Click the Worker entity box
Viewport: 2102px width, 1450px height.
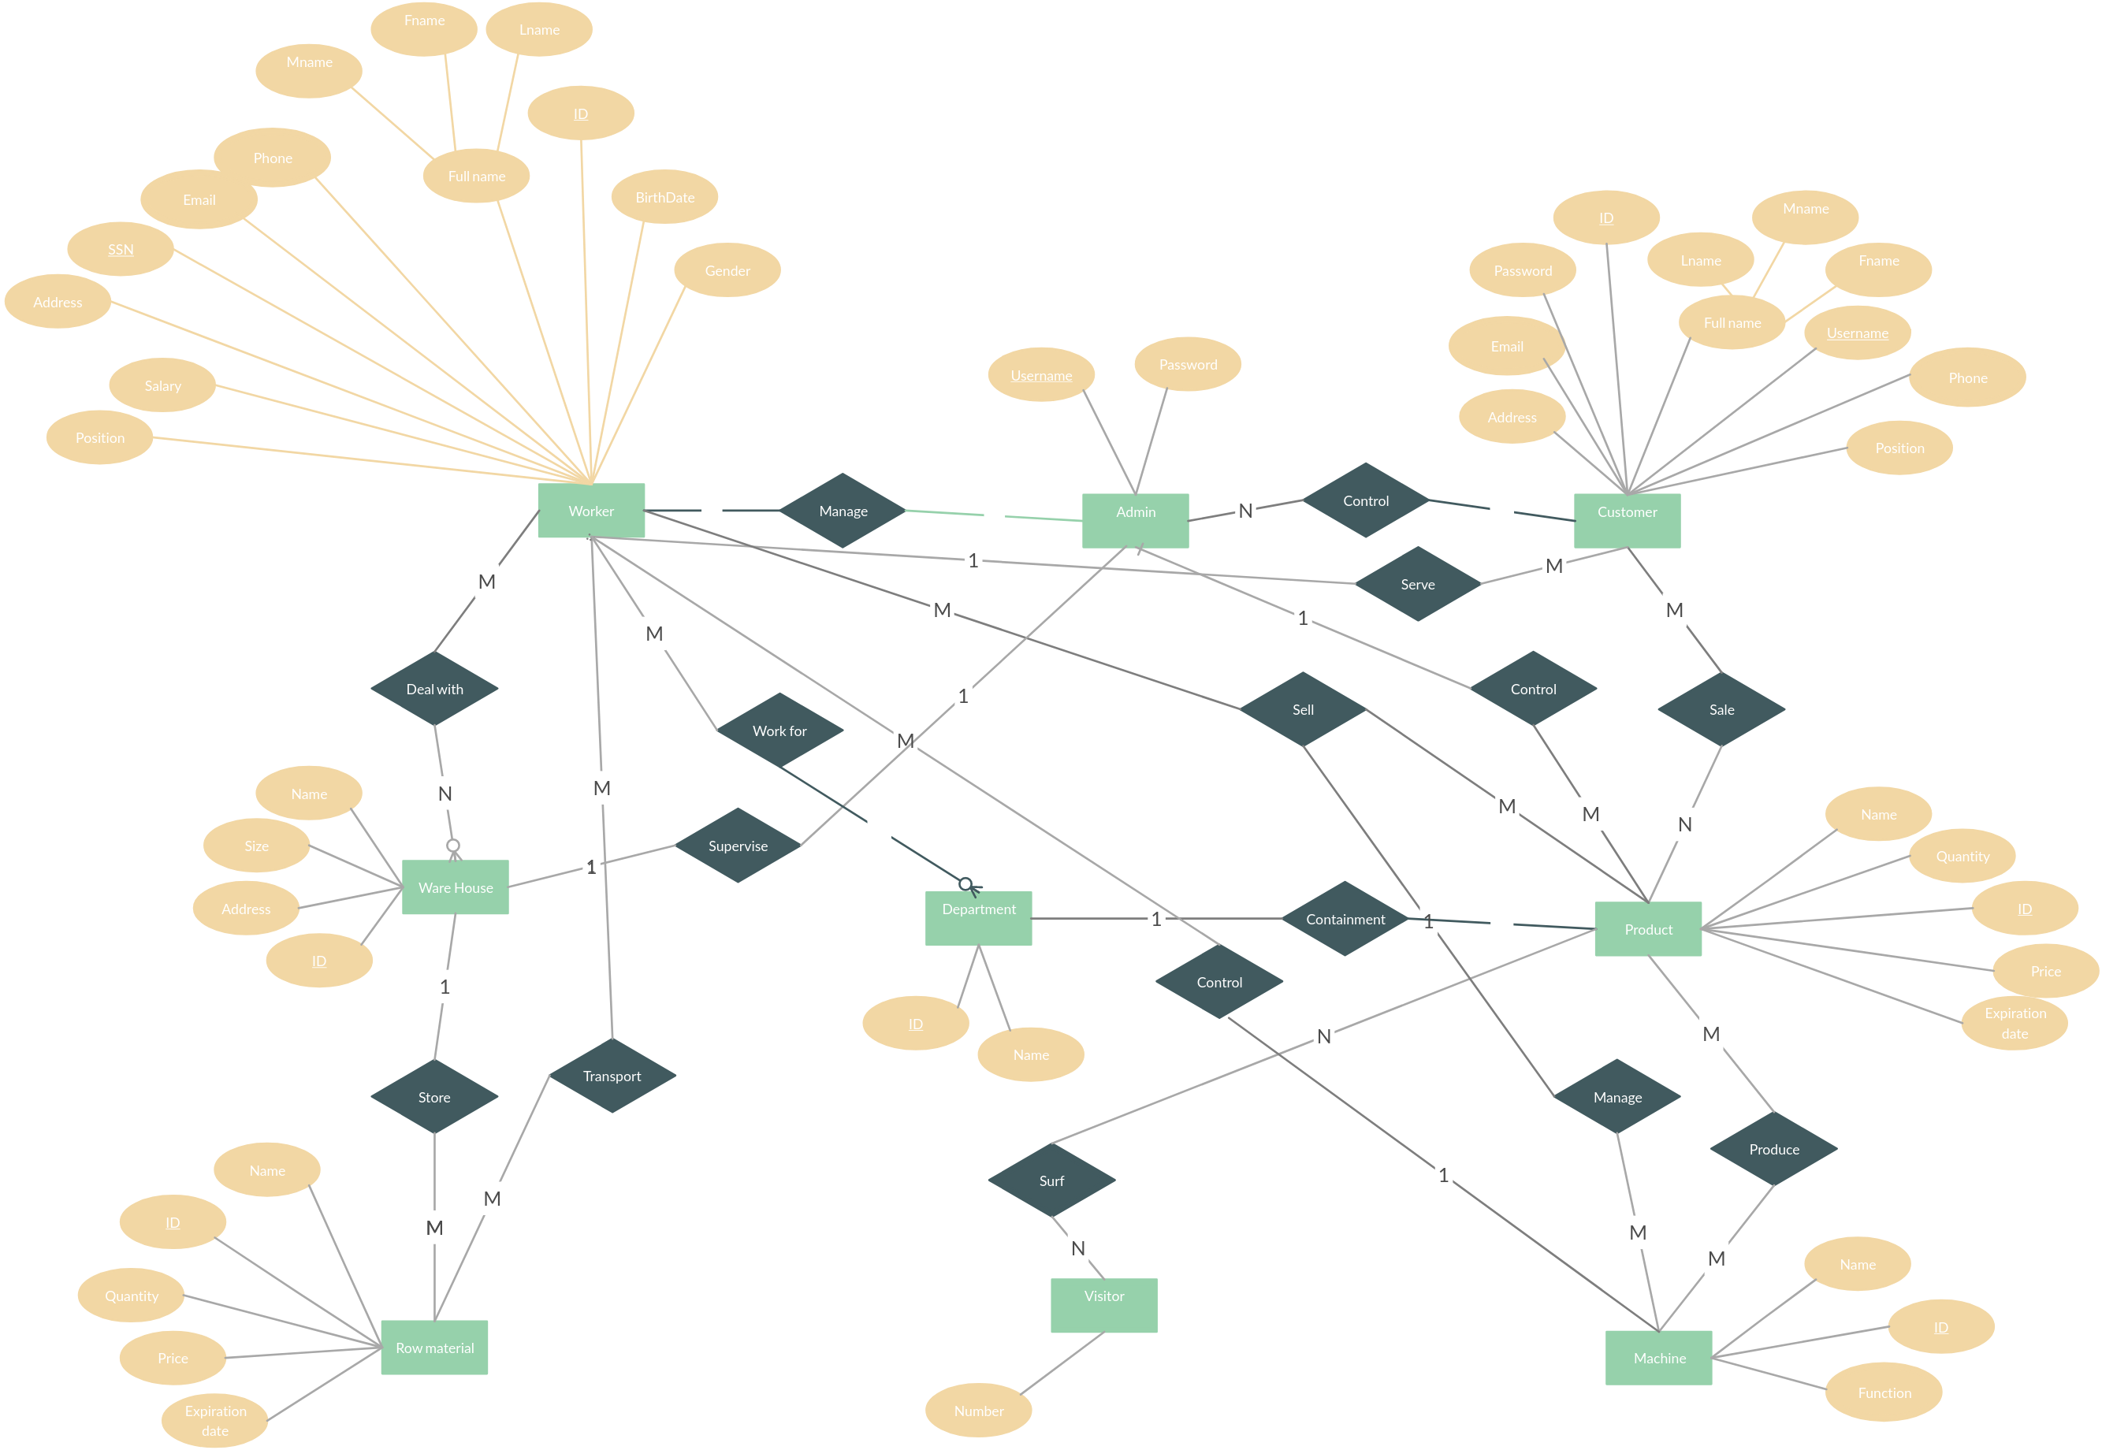click(590, 511)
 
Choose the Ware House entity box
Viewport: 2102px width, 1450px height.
click(455, 887)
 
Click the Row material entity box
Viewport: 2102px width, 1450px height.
click(434, 1348)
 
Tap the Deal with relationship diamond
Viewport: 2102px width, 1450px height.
click(434, 689)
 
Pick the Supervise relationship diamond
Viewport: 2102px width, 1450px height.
click(738, 846)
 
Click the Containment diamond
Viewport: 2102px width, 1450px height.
click(1345, 919)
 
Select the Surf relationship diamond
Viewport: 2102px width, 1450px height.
click(1051, 1180)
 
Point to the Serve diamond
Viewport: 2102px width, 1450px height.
click(1417, 584)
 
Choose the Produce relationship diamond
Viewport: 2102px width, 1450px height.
click(1773, 1149)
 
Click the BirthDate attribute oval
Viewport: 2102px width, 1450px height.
click(664, 197)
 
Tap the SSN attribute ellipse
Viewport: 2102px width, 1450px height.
click(121, 249)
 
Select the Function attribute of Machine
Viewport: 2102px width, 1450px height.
click(1884, 1392)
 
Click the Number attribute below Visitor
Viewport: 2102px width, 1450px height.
click(978, 1411)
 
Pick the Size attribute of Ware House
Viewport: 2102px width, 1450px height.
click(256, 846)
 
